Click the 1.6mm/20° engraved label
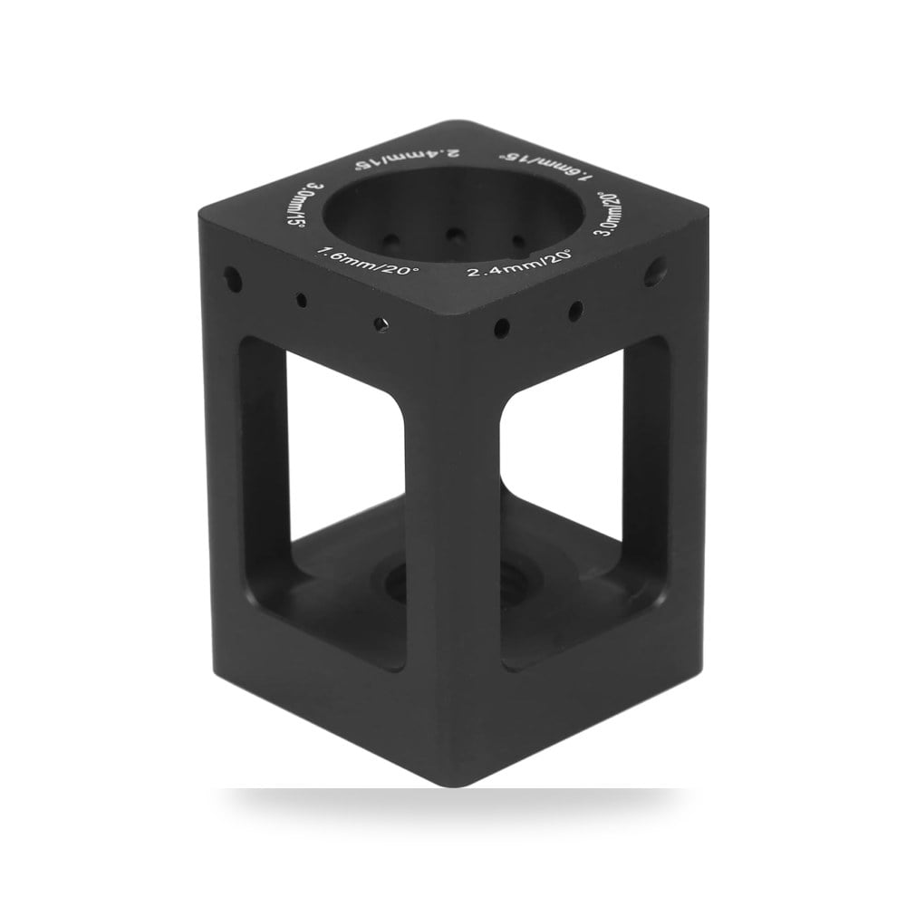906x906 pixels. click(x=364, y=262)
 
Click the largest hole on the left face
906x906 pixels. click(x=233, y=278)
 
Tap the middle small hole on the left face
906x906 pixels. click(x=301, y=300)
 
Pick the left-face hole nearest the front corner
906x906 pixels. click(x=381, y=324)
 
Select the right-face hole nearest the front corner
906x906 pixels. click(x=502, y=328)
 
